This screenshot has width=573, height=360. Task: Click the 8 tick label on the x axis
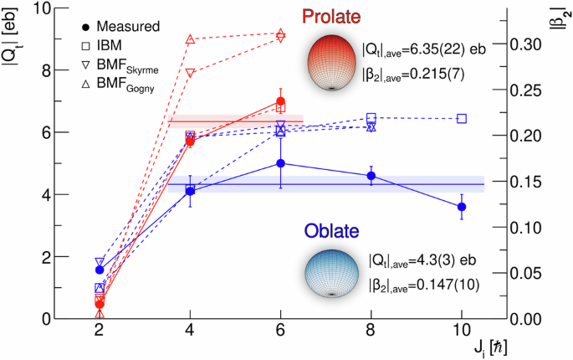371,332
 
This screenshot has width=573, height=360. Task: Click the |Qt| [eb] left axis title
13,33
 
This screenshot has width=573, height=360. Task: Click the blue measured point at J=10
461,207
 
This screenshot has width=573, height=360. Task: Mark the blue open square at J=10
461,118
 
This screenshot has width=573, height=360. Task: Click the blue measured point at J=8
371,176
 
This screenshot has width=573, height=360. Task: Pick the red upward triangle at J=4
190,39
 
